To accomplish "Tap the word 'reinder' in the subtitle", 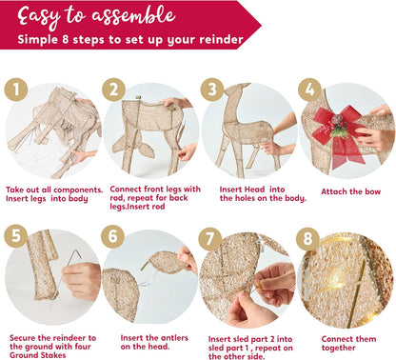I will tap(218, 41).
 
